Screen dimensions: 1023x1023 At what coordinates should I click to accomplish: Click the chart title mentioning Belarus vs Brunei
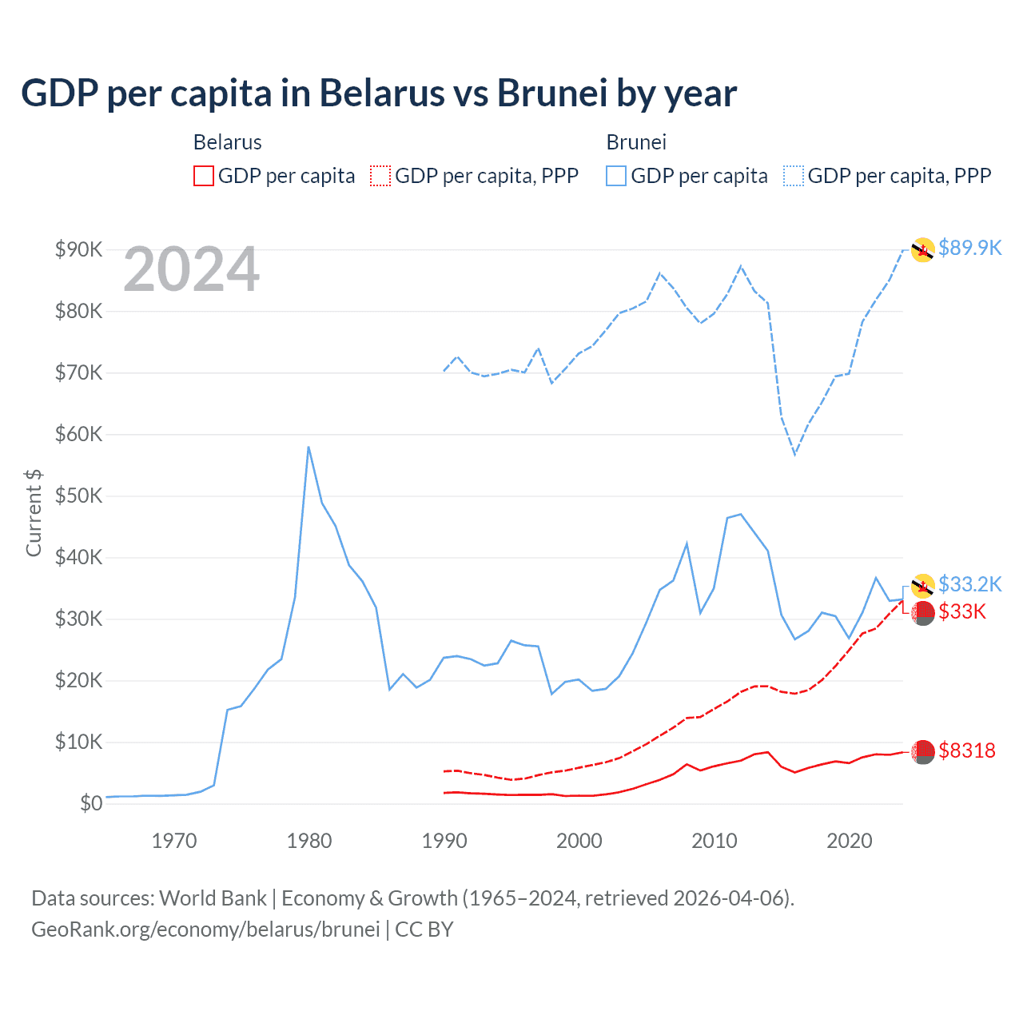[x=379, y=93]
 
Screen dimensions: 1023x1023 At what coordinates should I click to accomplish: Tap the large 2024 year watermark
[x=191, y=269]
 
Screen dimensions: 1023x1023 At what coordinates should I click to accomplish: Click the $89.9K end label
[x=969, y=248]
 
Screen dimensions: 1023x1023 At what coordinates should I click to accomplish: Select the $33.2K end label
[x=969, y=584]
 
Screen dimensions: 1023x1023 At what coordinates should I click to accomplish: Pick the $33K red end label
[x=962, y=611]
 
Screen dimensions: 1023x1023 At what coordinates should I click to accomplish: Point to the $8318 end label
[x=967, y=750]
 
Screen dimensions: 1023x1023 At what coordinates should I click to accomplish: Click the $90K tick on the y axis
[x=79, y=249]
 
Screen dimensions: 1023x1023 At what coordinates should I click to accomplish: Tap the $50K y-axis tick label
[x=79, y=496]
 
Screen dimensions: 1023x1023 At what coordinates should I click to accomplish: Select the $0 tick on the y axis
[x=91, y=803]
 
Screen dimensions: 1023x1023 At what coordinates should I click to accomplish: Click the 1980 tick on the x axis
[x=309, y=841]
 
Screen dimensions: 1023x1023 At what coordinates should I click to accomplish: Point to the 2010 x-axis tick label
[x=715, y=841]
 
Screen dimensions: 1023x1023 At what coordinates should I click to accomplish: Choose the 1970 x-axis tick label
[x=174, y=841]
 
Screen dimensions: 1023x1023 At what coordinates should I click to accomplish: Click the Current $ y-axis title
[x=34, y=513]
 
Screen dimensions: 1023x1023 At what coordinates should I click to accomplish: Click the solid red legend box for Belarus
[x=204, y=176]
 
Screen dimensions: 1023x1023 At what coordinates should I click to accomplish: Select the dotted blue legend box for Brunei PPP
[x=794, y=176]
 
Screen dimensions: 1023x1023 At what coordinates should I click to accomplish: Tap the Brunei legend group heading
[x=636, y=142]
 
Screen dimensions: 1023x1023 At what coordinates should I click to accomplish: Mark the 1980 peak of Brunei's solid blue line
[x=308, y=447]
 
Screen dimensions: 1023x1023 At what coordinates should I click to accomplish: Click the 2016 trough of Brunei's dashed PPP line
[x=794, y=455]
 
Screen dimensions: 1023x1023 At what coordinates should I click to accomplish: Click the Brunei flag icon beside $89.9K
[x=923, y=249]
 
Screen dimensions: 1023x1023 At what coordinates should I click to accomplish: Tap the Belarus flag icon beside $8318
[x=923, y=751]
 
